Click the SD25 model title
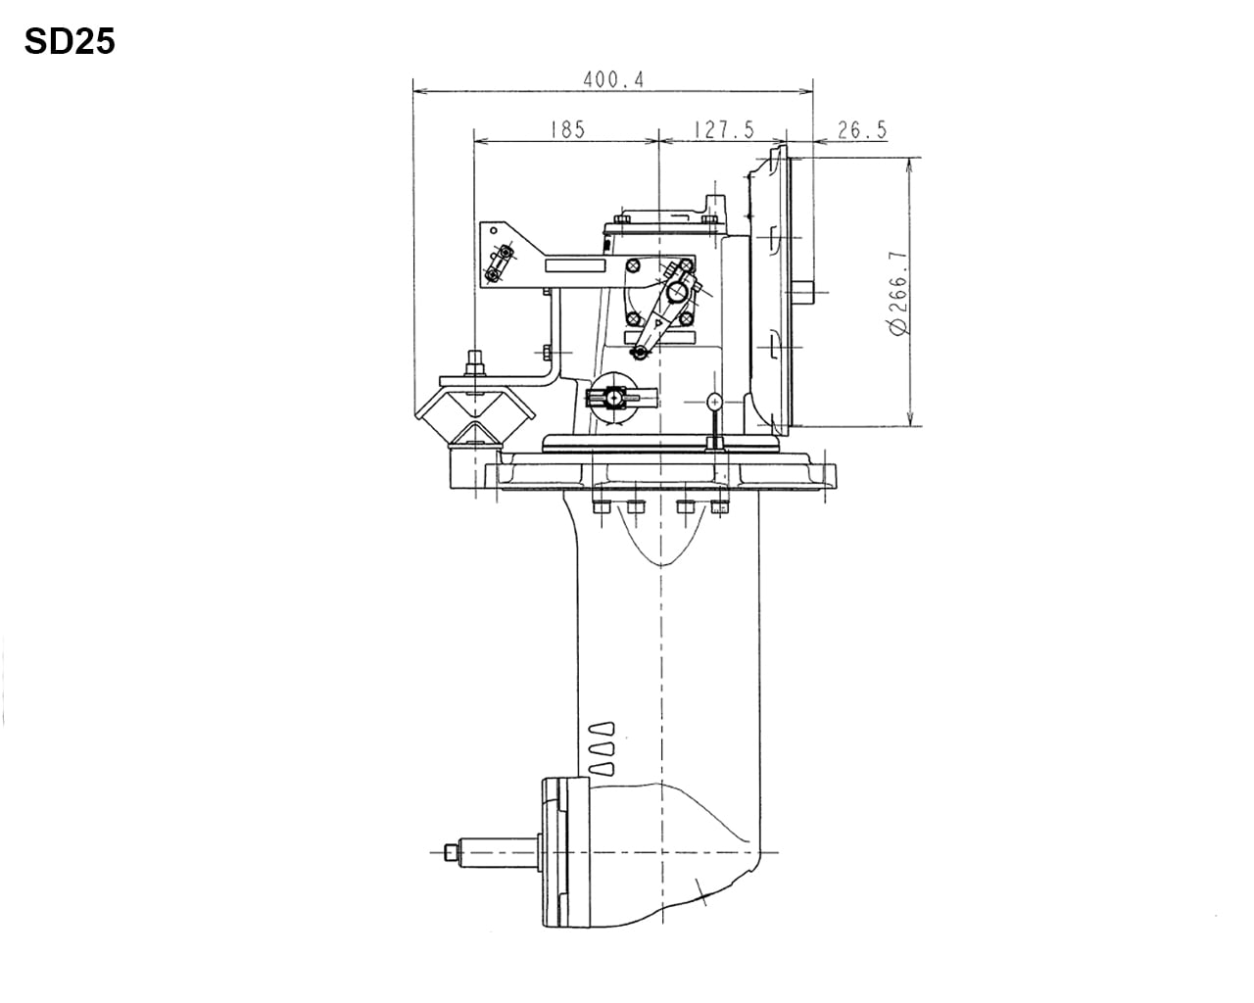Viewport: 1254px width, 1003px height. [70, 42]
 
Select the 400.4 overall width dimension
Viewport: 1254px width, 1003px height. [613, 80]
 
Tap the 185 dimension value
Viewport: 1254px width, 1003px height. [566, 129]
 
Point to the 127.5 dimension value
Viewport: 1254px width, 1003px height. [723, 129]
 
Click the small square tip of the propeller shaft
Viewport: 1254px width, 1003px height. [450, 852]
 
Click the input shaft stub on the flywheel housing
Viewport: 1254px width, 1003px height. [804, 291]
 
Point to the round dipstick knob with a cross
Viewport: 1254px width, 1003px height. [715, 401]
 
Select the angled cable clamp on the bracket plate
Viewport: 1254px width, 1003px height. [500, 262]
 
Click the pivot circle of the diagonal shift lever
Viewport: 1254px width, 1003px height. [676, 291]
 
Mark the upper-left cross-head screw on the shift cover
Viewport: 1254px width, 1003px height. [634, 265]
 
